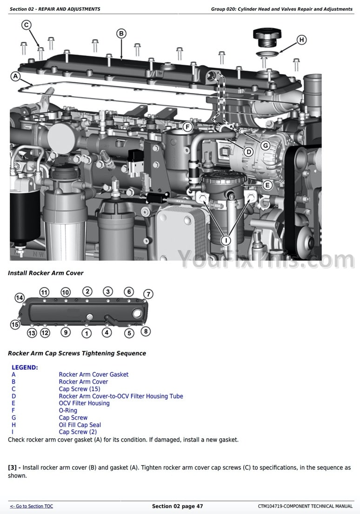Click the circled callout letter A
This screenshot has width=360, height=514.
tap(15, 76)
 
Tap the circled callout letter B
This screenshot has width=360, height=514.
tap(121, 33)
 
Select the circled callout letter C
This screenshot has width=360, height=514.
tap(27, 25)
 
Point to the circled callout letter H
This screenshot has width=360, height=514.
tap(301, 40)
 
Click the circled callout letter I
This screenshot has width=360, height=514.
tap(226, 240)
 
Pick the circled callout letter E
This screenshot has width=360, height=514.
tap(267, 185)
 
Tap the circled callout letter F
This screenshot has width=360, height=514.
tap(187, 126)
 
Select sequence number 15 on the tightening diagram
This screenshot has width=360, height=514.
tap(15, 324)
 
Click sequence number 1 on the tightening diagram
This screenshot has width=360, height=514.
tap(87, 333)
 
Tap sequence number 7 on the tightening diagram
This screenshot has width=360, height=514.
tap(148, 294)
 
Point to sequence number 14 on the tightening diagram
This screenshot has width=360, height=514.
tap(20, 297)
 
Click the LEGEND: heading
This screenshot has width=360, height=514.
tap(25, 367)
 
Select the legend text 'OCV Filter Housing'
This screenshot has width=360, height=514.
tap(84, 403)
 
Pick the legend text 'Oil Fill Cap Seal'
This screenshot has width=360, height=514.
tap(80, 425)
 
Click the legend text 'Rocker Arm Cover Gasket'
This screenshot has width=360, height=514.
tap(93, 375)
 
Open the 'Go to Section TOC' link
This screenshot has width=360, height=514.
tap(32, 506)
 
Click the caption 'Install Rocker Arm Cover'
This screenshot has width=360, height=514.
tap(46, 273)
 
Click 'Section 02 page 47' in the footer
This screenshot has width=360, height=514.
tap(177, 506)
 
